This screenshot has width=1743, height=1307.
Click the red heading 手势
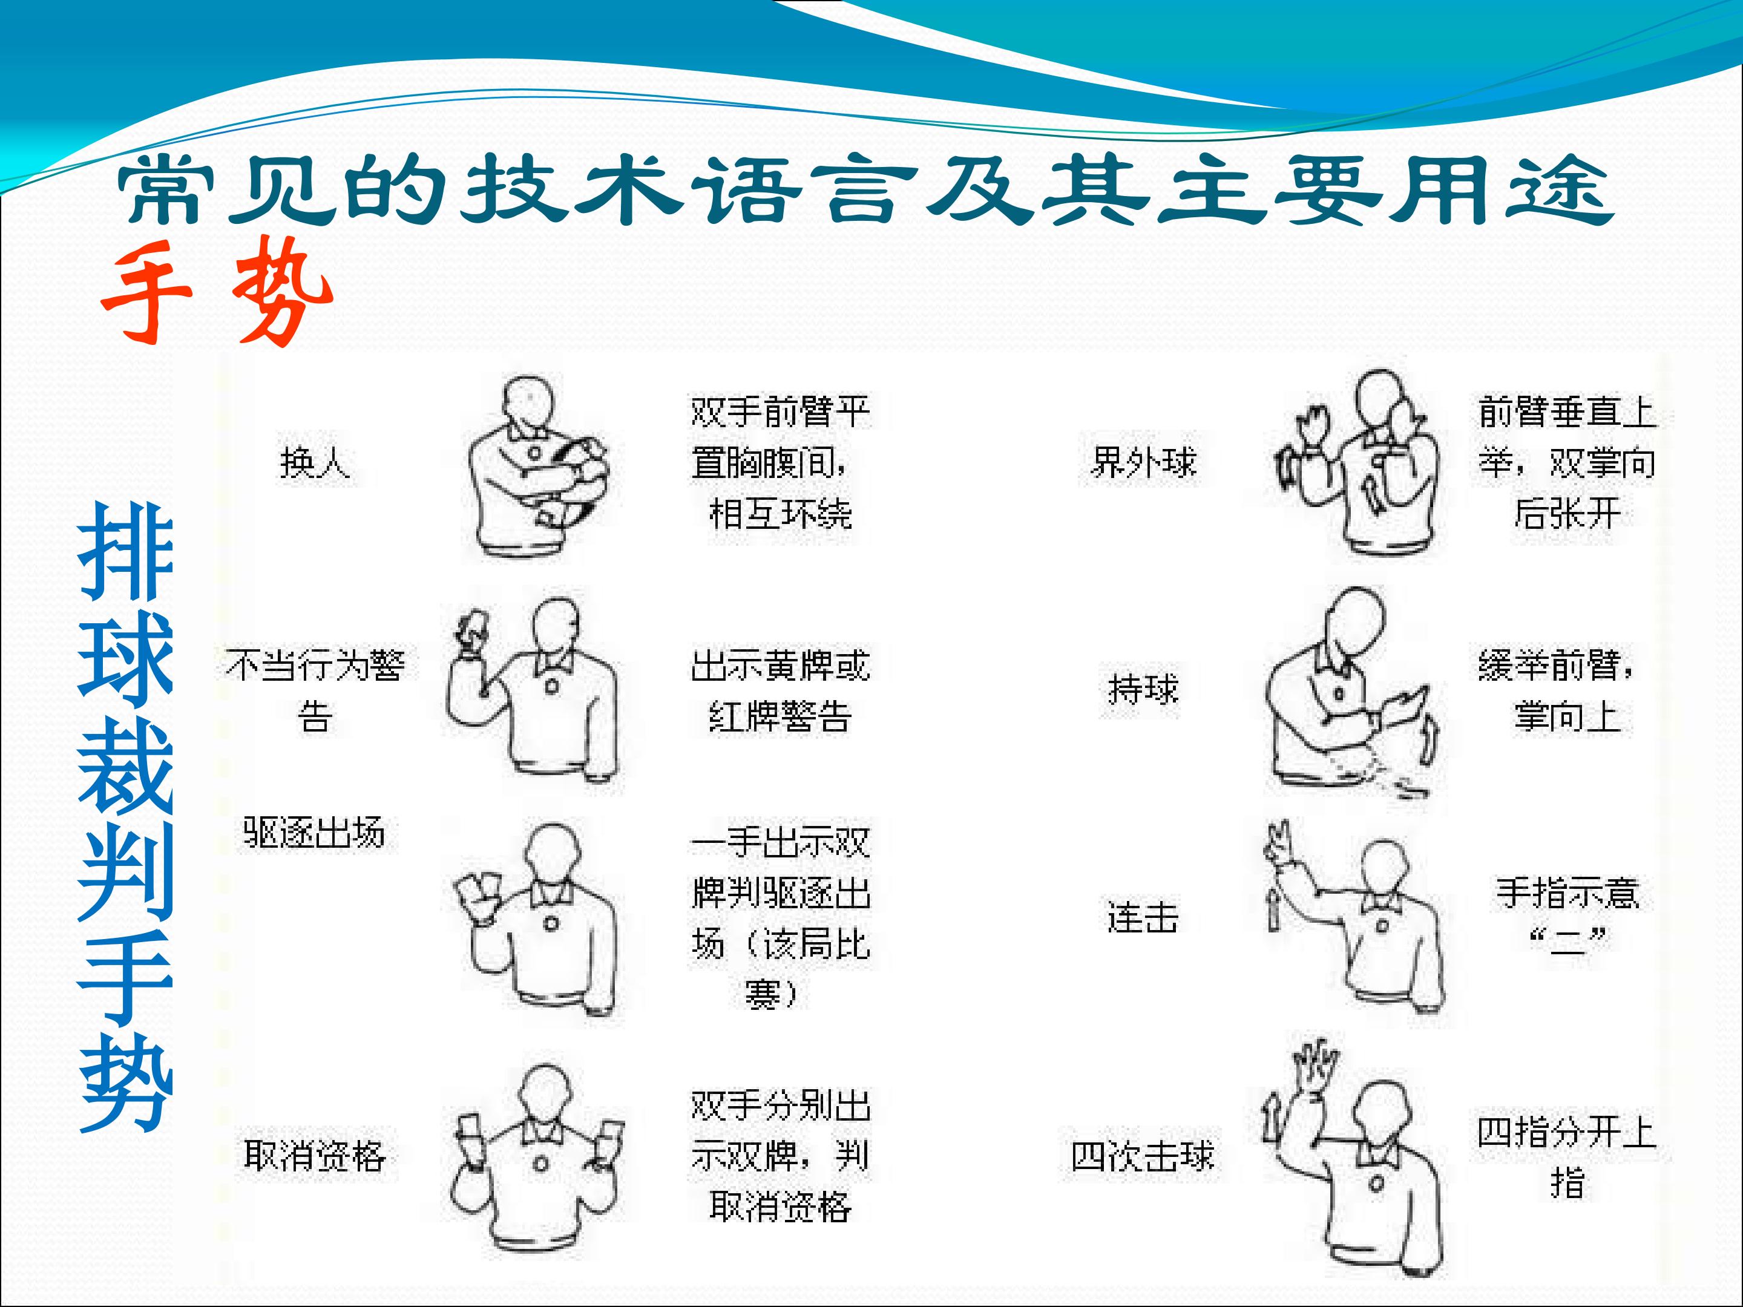pyautogui.click(x=217, y=292)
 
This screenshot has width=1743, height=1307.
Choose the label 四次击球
pyautogui.click(x=1143, y=1156)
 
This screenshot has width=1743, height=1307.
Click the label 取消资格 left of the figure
pyautogui.click(x=314, y=1156)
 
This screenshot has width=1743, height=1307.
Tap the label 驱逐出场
pyautogui.click(x=314, y=833)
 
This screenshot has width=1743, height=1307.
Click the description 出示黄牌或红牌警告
pyautogui.click(x=780, y=691)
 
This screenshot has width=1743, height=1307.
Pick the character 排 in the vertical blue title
pyautogui.click(x=126, y=551)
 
